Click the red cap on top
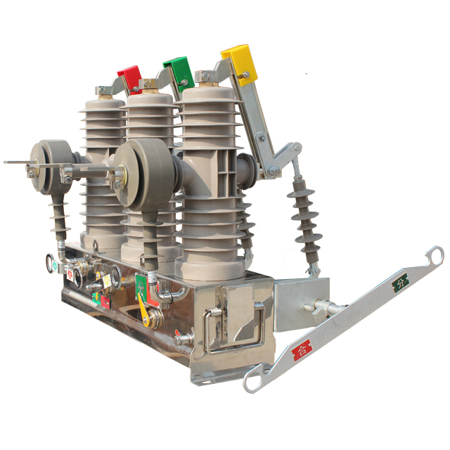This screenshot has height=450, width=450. coord(129,76)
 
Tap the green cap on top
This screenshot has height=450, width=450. coord(179,70)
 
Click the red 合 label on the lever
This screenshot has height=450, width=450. coord(302,349)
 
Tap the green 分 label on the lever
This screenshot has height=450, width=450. coord(399,283)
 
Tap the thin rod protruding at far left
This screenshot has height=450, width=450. coord(18,162)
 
